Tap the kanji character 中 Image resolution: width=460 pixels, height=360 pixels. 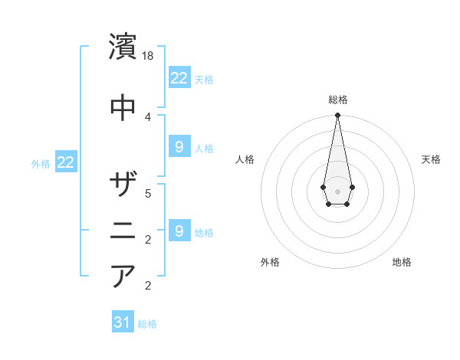pyautogui.click(x=123, y=106)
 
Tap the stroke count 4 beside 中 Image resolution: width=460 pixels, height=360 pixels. pyautogui.click(x=148, y=116)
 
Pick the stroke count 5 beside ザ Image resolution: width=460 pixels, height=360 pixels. pyautogui.click(x=148, y=193)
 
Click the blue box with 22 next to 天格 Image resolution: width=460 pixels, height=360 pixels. pyautogui.click(x=179, y=78)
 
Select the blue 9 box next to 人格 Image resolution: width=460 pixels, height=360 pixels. pyautogui.click(x=179, y=147)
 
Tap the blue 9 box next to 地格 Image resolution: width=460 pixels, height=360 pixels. pyautogui.click(x=179, y=231)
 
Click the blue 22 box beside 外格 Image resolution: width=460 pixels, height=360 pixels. pyautogui.click(x=65, y=162)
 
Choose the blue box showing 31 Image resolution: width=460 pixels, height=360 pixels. pyautogui.click(x=123, y=322)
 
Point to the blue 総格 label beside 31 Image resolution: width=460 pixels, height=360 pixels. pyautogui.click(x=147, y=324)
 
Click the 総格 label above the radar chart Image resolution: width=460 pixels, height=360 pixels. pyautogui.click(x=337, y=100)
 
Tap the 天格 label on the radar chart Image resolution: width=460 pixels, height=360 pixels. pyautogui.click(x=431, y=159)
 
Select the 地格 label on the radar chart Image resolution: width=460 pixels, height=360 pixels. pyautogui.click(x=402, y=262)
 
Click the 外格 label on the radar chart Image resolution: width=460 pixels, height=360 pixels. pyautogui.click(x=270, y=262)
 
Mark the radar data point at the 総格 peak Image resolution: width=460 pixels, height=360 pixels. pyautogui.click(x=337, y=116)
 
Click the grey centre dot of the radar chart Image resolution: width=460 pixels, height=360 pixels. pyautogui.click(x=337, y=190)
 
